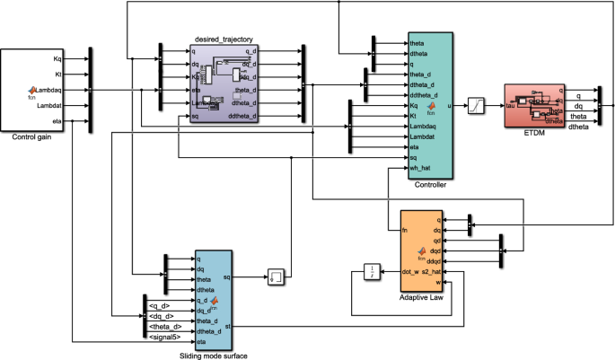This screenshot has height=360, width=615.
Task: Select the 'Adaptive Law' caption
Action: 426,296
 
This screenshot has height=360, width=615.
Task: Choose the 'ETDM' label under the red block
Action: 535,131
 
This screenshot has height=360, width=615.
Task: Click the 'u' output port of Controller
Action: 448,105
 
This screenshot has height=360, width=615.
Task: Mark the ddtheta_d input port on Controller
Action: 424,94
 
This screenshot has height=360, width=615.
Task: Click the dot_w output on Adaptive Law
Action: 412,272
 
